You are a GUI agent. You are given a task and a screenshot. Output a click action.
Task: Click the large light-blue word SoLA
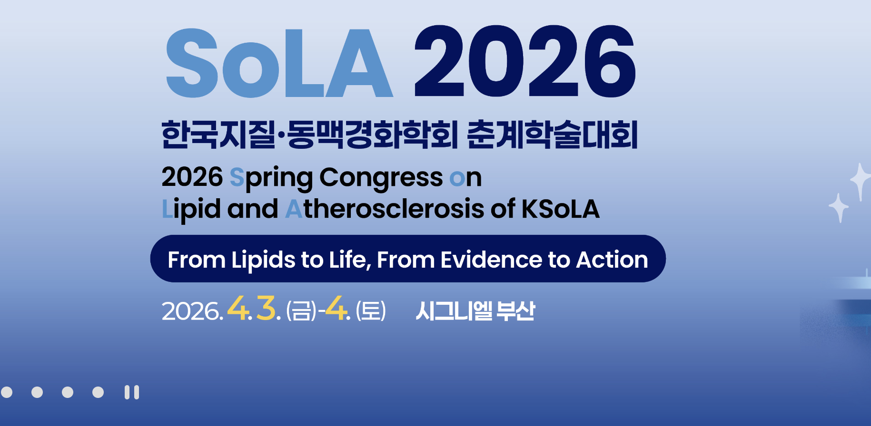(x=279, y=63)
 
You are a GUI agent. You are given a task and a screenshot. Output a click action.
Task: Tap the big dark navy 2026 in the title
(x=525, y=61)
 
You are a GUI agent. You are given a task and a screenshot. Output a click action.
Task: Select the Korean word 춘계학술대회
(x=552, y=135)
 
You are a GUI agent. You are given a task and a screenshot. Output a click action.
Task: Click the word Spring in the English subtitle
(x=271, y=179)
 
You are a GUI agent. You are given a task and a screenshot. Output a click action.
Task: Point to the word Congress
(x=381, y=179)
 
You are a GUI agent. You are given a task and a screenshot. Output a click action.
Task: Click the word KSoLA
(x=560, y=209)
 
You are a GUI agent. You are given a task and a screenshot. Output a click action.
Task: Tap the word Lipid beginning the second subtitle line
(x=191, y=210)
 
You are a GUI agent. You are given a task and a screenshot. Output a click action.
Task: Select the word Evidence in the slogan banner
(x=491, y=260)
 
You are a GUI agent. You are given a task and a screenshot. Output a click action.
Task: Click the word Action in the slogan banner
(x=612, y=260)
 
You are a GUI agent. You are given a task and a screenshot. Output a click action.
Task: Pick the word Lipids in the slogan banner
(x=263, y=261)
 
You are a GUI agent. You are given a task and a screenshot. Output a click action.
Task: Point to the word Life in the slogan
(x=350, y=260)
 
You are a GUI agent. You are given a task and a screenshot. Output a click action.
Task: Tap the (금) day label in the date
(x=301, y=311)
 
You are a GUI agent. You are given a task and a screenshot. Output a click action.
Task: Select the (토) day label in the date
(x=371, y=311)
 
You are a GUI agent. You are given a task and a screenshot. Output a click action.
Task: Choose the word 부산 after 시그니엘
(x=515, y=311)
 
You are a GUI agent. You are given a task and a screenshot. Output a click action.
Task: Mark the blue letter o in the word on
(x=457, y=179)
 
